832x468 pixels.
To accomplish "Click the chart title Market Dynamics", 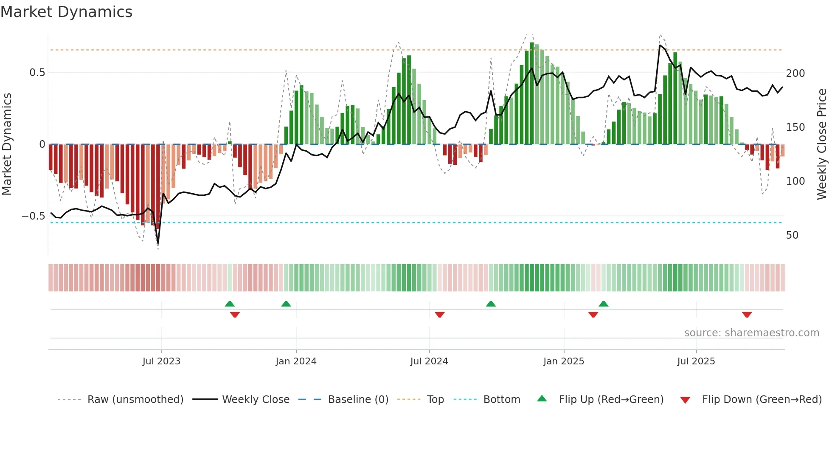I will tap(66, 12).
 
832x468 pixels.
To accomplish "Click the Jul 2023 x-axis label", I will tap(161, 361).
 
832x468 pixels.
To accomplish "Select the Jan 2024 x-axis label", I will tap(296, 361).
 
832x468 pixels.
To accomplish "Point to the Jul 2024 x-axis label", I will tap(429, 361).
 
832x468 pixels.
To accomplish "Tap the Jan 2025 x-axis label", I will tap(564, 361).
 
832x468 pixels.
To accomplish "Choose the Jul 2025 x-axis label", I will tap(696, 361).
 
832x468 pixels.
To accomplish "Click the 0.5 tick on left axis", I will tap(37, 73).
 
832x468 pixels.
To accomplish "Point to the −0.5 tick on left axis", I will tap(34, 216).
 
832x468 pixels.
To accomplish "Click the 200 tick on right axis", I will tap(795, 73).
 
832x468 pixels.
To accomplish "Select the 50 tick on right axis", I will tap(792, 235).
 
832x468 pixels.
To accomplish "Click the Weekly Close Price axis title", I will tap(822, 144).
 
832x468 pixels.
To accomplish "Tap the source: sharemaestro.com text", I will tap(751, 333).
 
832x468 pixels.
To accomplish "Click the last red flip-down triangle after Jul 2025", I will tap(747, 315).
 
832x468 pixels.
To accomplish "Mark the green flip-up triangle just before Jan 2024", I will tap(286, 304).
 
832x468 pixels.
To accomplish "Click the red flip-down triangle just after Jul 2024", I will tap(440, 315).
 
